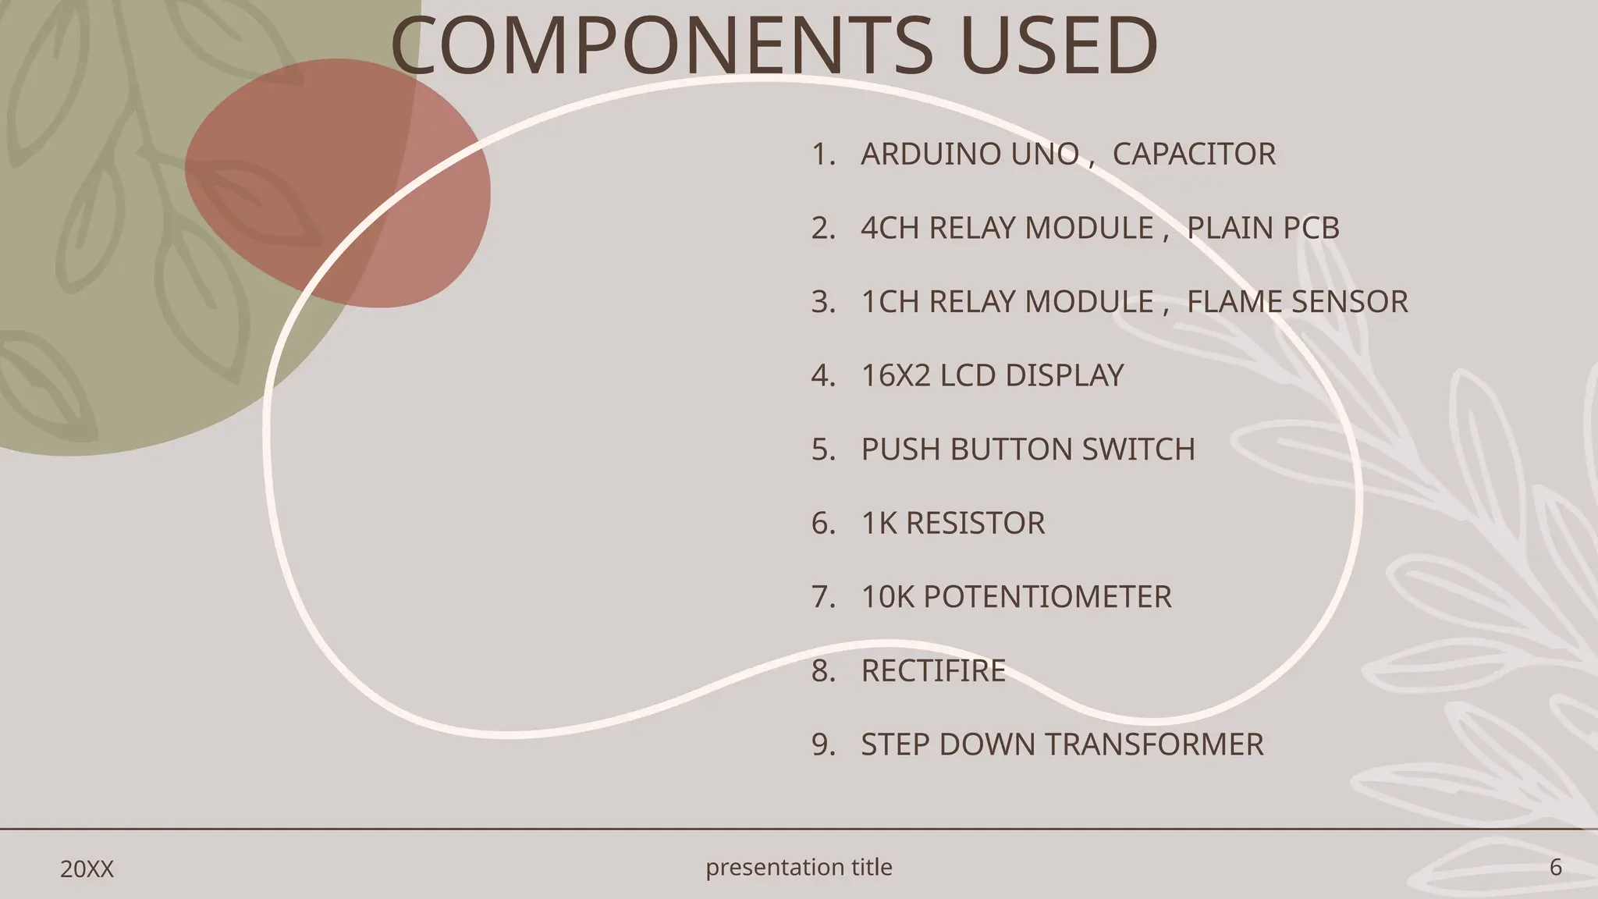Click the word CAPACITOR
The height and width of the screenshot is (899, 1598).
1194,155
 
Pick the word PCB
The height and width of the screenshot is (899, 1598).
1311,228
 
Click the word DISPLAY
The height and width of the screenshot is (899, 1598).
1064,375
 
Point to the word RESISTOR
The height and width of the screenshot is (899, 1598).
975,523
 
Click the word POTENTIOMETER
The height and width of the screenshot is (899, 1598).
1047,597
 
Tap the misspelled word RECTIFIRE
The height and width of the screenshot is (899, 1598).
933,671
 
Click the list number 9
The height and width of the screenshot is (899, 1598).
821,744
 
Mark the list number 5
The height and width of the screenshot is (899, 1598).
821,449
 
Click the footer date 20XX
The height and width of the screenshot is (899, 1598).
87,869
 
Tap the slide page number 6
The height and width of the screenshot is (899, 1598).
1555,867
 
